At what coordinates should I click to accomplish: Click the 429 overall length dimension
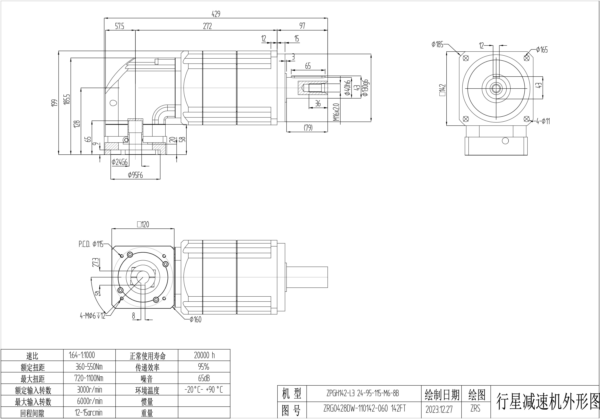216,14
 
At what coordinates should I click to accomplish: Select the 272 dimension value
207,26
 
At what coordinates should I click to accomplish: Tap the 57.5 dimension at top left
120,26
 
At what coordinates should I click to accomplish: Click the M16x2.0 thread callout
336,112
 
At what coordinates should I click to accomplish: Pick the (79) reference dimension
308,128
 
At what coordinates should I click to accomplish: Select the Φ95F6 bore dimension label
135,175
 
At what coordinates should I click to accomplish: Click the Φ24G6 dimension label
120,162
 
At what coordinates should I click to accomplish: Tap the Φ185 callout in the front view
438,45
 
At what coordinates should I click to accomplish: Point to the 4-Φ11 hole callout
543,121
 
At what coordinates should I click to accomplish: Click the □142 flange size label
442,90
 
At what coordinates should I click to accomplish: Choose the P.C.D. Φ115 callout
91,244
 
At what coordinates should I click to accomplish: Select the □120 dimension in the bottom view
143,224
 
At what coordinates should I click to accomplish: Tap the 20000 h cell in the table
204,355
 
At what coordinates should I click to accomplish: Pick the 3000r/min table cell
89,390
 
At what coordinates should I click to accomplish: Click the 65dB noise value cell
204,378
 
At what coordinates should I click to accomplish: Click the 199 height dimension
54,103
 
